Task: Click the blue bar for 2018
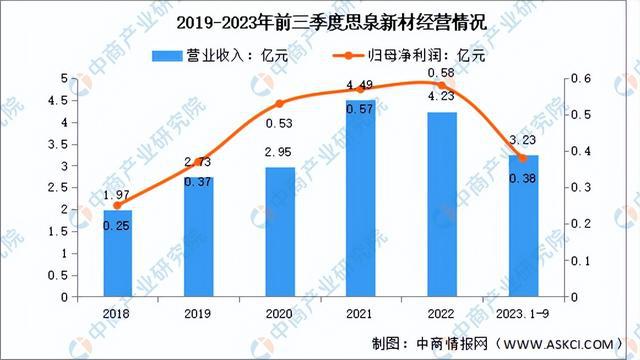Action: pos(117,253)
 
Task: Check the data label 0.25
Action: pos(117,227)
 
